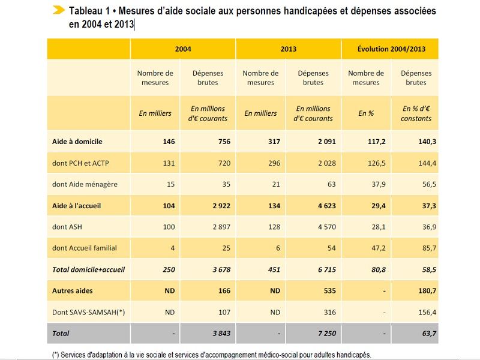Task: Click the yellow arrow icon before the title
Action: [58, 10]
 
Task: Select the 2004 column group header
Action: [183, 49]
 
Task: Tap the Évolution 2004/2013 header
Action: [391, 49]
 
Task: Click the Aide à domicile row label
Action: [77, 142]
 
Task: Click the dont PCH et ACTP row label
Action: [81, 163]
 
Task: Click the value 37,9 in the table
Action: [366, 185]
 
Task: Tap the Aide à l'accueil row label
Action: [77, 206]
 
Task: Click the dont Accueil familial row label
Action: [85, 248]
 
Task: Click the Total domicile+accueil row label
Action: [89, 269]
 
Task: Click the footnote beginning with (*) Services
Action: [212, 355]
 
